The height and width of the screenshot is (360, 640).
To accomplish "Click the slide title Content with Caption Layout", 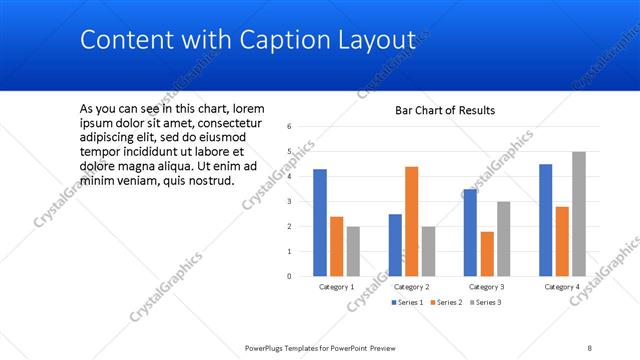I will (x=247, y=40).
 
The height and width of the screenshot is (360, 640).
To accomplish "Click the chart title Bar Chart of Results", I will (x=445, y=110).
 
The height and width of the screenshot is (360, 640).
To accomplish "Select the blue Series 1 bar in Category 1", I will (x=320, y=222).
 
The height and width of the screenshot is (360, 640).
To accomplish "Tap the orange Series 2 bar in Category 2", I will (x=412, y=221).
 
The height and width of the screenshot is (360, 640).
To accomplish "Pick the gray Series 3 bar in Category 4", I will (x=579, y=214).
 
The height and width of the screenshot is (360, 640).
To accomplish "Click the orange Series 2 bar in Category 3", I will (x=487, y=253).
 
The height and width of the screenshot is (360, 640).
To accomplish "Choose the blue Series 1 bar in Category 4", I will (x=546, y=220).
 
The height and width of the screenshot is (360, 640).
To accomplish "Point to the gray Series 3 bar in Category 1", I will (x=353, y=251).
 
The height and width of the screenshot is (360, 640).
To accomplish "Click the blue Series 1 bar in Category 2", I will (x=396, y=245).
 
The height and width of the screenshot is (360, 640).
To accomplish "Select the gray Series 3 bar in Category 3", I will (x=503, y=238).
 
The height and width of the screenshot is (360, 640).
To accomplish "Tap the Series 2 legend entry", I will (x=446, y=302).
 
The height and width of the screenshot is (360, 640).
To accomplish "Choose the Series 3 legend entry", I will (x=486, y=302).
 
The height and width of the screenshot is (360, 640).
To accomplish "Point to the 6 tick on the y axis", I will (x=288, y=127).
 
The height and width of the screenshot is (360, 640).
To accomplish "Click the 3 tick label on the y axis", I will (x=288, y=202).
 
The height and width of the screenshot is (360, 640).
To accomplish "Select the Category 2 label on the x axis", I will (x=412, y=287).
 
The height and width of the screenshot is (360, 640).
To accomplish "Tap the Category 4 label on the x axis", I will (x=562, y=287).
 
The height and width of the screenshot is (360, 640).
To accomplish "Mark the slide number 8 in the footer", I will (x=590, y=347).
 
